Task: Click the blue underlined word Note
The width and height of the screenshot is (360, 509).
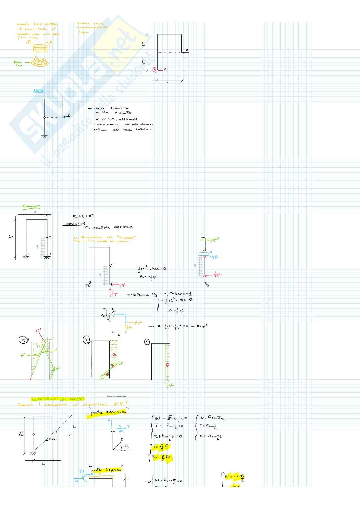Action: click(40, 91)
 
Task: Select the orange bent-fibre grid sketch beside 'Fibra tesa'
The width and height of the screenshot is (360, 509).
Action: click(40, 62)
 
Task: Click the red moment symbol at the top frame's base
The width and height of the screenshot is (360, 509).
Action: click(155, 69)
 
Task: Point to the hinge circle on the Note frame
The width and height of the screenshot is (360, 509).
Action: click(45, 117)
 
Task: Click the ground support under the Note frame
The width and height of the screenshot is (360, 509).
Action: click(45, 136)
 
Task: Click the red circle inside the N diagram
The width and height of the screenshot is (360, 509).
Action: click(167, 365)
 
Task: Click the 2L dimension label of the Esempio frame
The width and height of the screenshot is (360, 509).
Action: click(11, 237)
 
